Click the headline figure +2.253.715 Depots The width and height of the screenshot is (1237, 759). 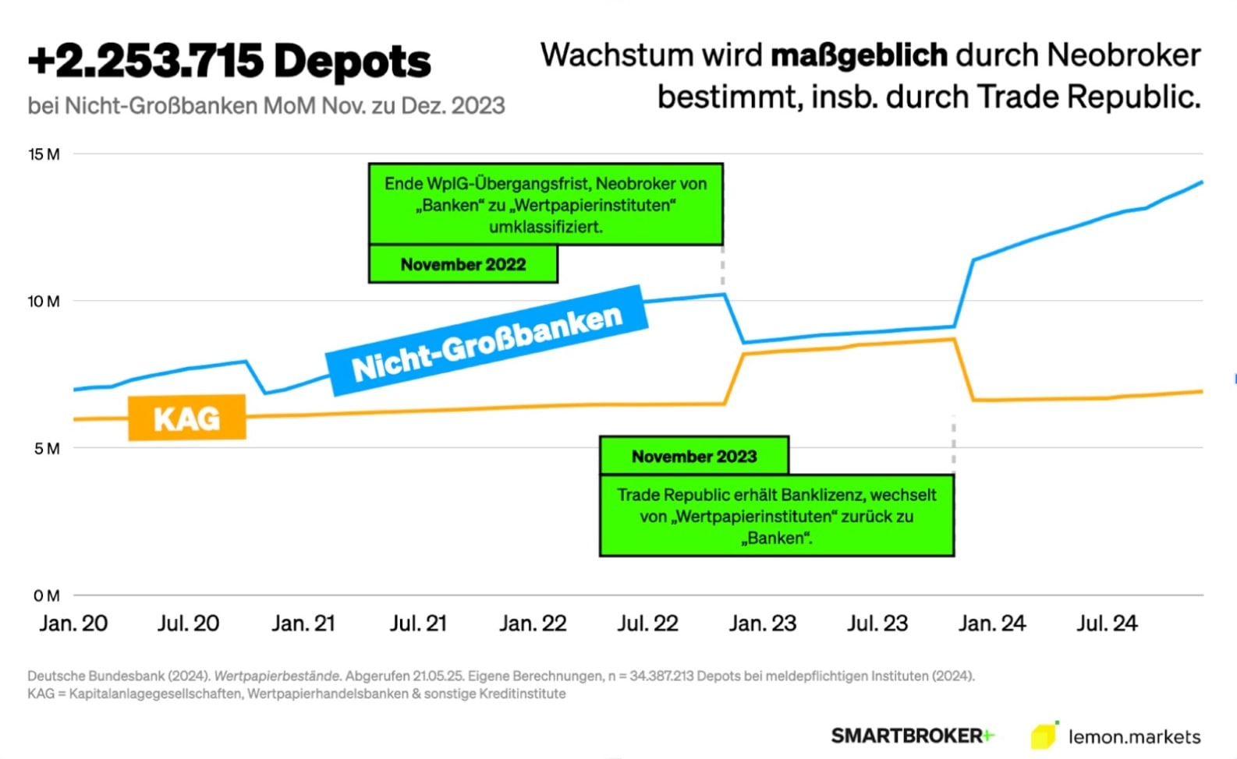[x=229, y=61]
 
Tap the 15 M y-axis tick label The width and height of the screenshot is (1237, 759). [x=44, y=154]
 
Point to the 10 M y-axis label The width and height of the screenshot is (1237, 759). [x=44, y=302]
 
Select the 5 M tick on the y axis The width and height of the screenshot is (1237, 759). [x=47, y=448]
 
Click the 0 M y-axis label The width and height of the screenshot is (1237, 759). [x=47, y=596]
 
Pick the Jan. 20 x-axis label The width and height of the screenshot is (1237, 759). [x=73, y=623]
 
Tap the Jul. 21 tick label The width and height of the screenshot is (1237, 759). [x=418, y=623]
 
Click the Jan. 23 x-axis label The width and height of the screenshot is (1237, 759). [x=763, y=623]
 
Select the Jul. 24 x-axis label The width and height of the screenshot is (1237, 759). [x=1108, y=623]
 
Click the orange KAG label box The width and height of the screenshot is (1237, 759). [x=187, y=418]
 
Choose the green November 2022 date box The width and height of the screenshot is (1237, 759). [x=463, y=264]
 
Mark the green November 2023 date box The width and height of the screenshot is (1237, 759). [x=694, y=456]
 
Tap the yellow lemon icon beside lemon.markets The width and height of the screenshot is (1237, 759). [x=1044, y=735]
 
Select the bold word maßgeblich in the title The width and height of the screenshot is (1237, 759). [x=859, y=55]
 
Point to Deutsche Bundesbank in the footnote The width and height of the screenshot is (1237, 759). [x=96, y=676]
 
